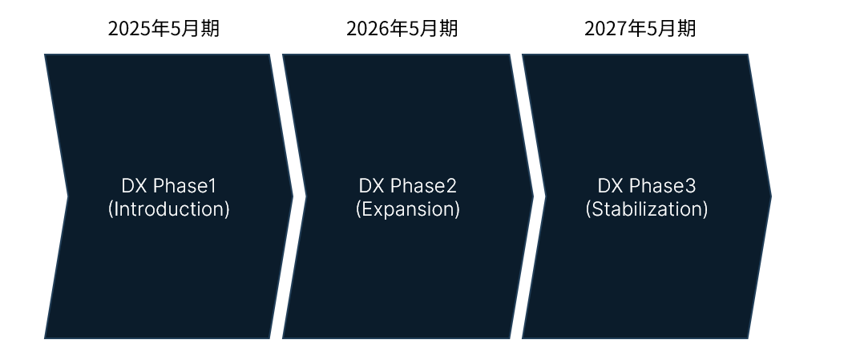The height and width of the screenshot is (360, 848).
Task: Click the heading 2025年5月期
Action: click(164, 29)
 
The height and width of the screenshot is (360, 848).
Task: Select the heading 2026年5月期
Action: click(402, 29)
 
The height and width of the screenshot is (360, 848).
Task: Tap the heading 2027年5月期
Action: click(640, 29)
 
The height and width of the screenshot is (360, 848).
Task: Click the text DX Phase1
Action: click(169, 186)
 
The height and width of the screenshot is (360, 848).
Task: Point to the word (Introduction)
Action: click(169, 209)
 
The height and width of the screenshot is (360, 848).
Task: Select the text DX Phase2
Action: click(408, 186)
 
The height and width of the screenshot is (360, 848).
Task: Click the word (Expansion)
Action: click(408, 209)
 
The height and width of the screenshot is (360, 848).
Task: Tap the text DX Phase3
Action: click(647, 186)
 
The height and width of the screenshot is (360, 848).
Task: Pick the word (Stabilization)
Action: click(647, 209)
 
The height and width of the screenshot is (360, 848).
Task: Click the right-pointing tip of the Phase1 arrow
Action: click(293, 196)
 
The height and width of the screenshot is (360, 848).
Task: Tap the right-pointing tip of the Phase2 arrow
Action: click(533, 196)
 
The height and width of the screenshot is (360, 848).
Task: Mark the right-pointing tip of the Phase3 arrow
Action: click(772, 196)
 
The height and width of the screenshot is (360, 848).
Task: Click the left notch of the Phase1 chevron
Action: click(67, 196)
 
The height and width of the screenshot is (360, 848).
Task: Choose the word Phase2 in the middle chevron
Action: click(423, 186)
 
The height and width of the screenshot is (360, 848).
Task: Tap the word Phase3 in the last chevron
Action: click(663, 186)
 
